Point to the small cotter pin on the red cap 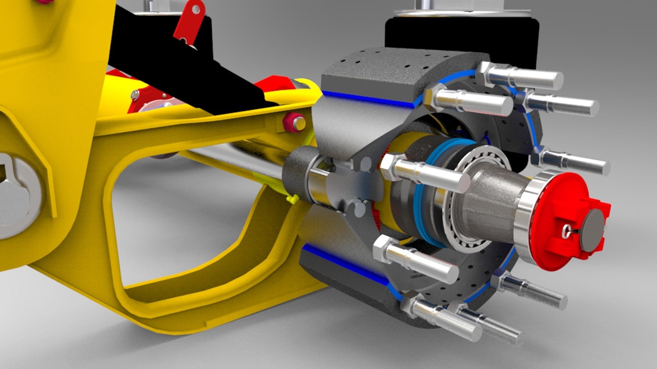pyautogui.click(x=568, y=232)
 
